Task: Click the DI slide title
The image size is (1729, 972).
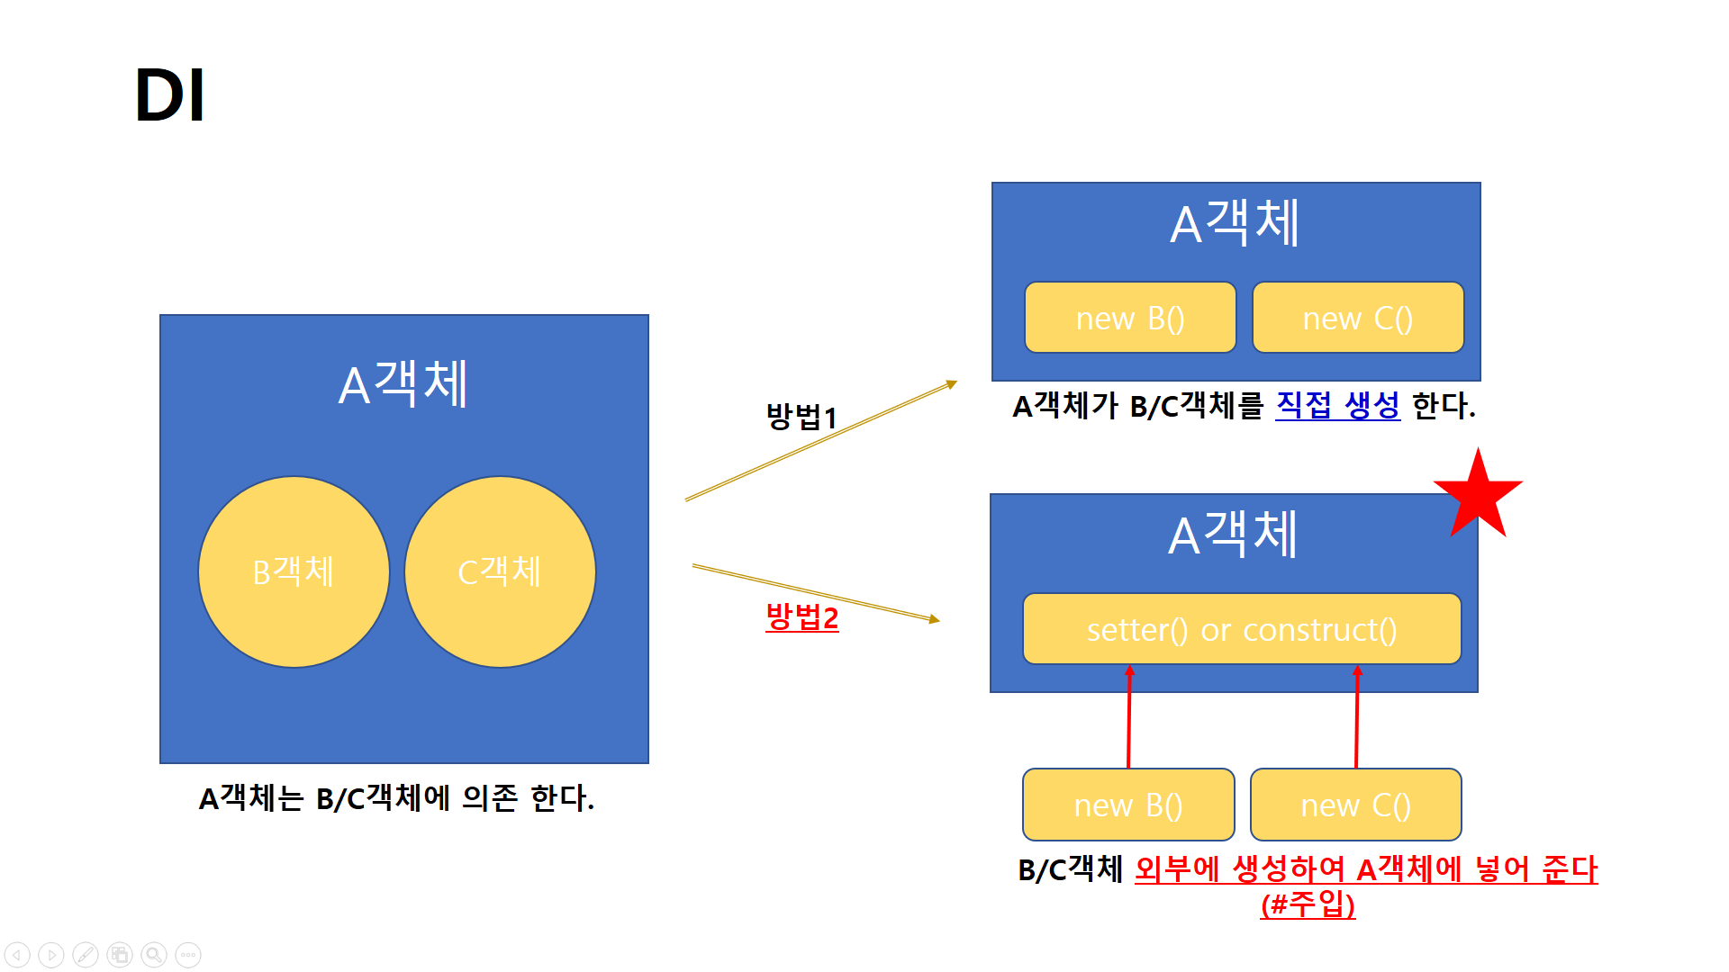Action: point(169,95)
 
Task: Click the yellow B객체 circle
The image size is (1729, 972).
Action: point(294,572)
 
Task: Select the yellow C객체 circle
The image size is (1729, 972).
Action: point(500,572)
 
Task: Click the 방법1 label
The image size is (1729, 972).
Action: point(801,417)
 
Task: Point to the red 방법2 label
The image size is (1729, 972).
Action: point(801,617)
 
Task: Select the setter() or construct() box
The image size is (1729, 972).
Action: point(1241,629)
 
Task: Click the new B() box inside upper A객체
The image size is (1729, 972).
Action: point(1130,318)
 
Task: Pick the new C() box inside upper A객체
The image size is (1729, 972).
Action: point(1357,318)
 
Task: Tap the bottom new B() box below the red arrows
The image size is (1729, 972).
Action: point(1128,805)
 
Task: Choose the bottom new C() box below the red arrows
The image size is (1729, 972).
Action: point(1355,805)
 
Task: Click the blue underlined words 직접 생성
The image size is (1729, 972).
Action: point(1337,406)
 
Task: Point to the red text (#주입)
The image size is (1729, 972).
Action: point(1308,904)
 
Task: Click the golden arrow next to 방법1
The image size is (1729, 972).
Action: point(819,441)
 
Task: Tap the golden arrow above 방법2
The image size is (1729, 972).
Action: point(815,592)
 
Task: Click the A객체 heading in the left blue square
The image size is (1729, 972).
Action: point(403,384)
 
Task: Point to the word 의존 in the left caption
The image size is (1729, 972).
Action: point(490,798)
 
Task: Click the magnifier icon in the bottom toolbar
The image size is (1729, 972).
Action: point(154,955)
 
